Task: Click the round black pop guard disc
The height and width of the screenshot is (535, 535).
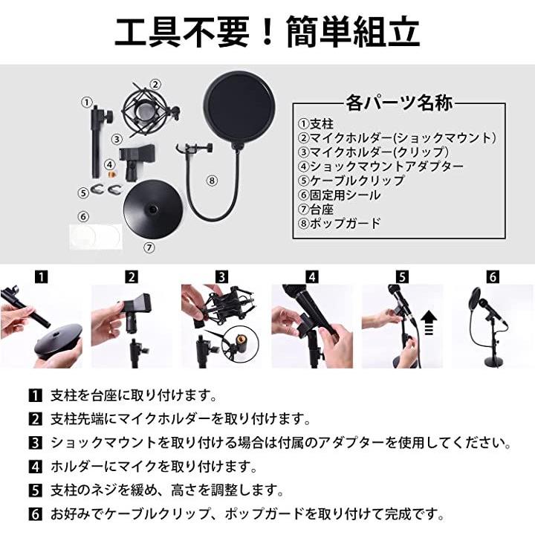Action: [239, 108]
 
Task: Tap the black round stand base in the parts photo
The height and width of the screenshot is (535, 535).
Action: [152, 211]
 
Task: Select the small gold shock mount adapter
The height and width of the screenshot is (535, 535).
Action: [111, 175]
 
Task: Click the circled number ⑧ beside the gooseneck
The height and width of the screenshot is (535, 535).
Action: [212, 181]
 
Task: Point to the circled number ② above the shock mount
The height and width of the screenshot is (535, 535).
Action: [155, 84]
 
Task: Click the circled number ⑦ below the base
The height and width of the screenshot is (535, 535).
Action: [149, 247]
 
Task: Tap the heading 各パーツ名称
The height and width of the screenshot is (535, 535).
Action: [399, 103]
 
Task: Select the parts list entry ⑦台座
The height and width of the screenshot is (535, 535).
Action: [316, 209]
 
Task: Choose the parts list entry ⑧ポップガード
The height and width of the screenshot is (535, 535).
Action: [339, 223]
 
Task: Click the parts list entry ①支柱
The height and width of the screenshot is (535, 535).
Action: [316, 123]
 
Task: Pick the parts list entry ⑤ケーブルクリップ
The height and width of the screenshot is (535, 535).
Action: [351, 181]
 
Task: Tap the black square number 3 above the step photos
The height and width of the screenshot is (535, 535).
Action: [221, 276]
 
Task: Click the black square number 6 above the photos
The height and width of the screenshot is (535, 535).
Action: [493, 276]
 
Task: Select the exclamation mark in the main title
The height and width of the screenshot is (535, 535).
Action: [267, 31]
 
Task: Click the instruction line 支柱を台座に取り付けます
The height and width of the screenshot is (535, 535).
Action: [134, 395]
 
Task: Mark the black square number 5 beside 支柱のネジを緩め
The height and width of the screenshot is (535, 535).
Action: [35, 490]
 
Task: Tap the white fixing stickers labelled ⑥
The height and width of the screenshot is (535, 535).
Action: [96, 236]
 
